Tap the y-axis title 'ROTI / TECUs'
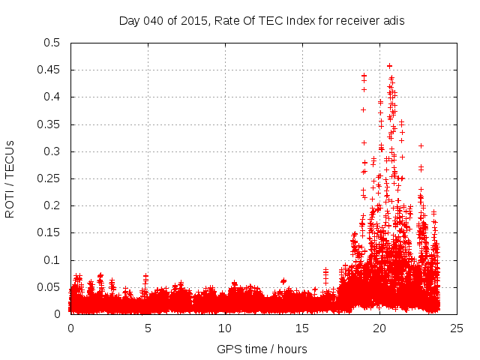10,178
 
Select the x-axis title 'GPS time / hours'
262,349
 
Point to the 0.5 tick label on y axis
51,43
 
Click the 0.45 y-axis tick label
48,70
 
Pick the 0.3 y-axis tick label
51,151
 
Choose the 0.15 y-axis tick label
48,232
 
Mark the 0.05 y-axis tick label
48,287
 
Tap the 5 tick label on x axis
148,328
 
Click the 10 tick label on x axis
225,328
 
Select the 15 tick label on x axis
302,328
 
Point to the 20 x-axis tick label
379,328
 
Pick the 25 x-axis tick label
456,328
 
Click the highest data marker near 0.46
389,66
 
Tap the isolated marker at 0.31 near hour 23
421,145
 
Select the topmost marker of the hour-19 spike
364,76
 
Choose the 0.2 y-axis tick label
51,205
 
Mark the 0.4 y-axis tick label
51,97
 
